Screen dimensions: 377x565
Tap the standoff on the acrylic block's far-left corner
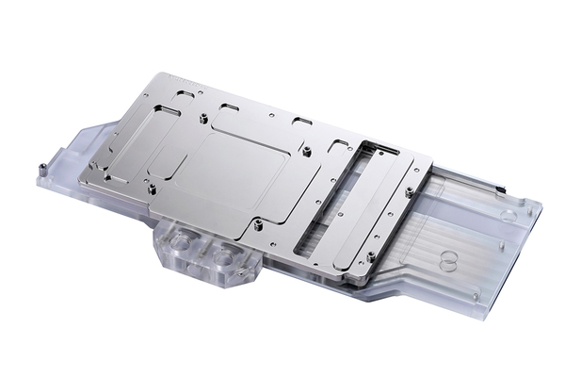point(43,168)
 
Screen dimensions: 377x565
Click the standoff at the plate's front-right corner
point(374,254)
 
